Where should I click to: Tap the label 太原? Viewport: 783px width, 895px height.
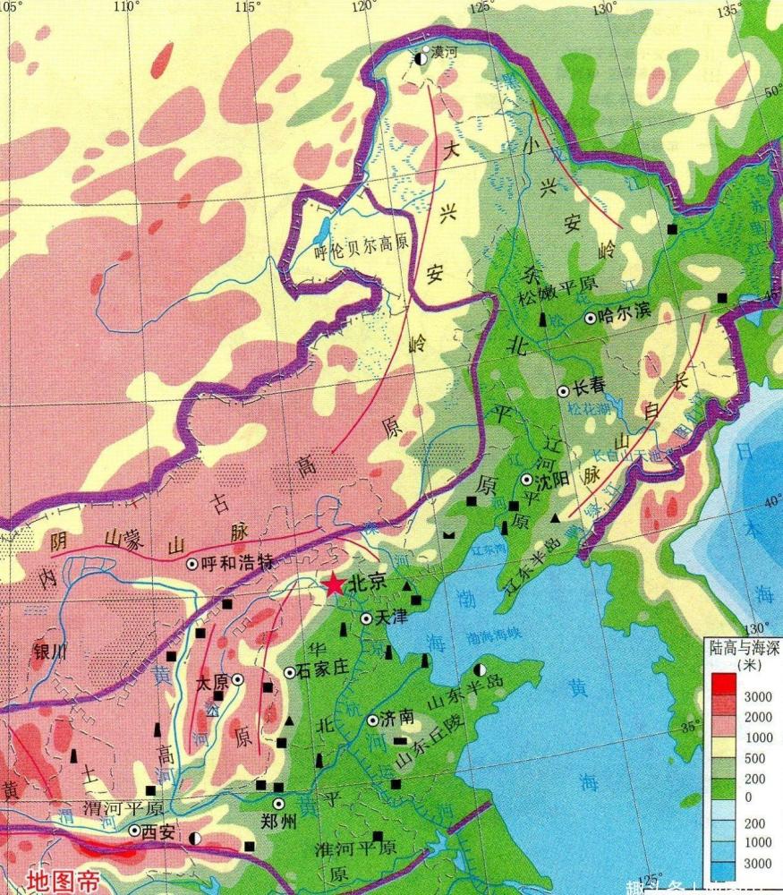point(211,681)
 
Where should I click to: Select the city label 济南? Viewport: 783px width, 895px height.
point(398,718)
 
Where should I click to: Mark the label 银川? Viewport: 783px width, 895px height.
point(49,652)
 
